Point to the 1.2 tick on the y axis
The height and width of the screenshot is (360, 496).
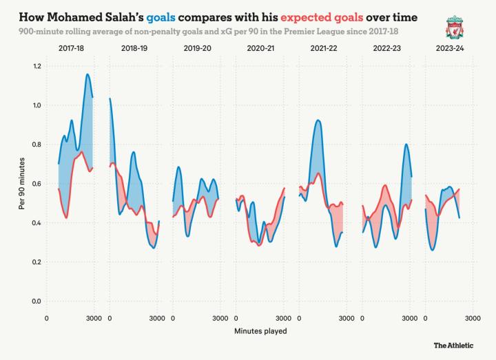pyautogui.click(x=36, y=66)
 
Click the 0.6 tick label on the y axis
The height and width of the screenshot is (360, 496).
pyautogui.click(x=36, y=184)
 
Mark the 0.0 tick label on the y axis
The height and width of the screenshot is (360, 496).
pyautogui.click(x=36, y=301)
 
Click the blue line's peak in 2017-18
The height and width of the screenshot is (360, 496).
pyautogui.click(x=87, y=74)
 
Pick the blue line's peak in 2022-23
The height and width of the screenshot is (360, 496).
pyautogui.click(x=406, y=145)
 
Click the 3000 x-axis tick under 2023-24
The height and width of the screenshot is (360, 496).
pyautogui.click(x=472, y=318)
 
